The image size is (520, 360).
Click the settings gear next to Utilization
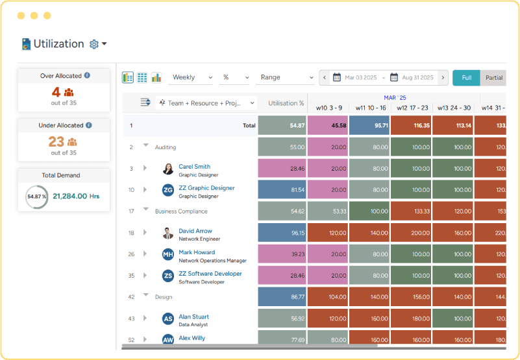[x=94, y=44]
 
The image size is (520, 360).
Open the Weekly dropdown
[x=192, y=77]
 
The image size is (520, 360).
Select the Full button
[x=466, y=78]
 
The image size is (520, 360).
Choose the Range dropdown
[x=285, y=77]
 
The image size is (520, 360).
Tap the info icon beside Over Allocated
[x=87, y=75]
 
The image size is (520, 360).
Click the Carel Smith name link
[x=194, y=167]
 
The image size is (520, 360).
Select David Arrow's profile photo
[x=168, y=234]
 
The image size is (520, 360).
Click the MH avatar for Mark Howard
[x=168, y=255]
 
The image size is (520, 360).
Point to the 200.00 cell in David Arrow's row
[x=411, y=233]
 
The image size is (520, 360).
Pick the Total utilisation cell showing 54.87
[x=282, y=125]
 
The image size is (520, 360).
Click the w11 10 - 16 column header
[x=369, y=108]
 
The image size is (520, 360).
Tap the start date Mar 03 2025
[x=360, y=78]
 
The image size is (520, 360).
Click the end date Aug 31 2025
[x=417, y=78]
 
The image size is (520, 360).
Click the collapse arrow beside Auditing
[x=145, y=147]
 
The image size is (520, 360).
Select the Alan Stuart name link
[x=193, y=317]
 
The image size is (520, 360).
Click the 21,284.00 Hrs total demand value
[x=76, y=196]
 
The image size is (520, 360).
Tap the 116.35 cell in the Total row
[x=411, y=125]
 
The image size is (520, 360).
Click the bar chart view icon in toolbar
[x=156, y=77]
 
